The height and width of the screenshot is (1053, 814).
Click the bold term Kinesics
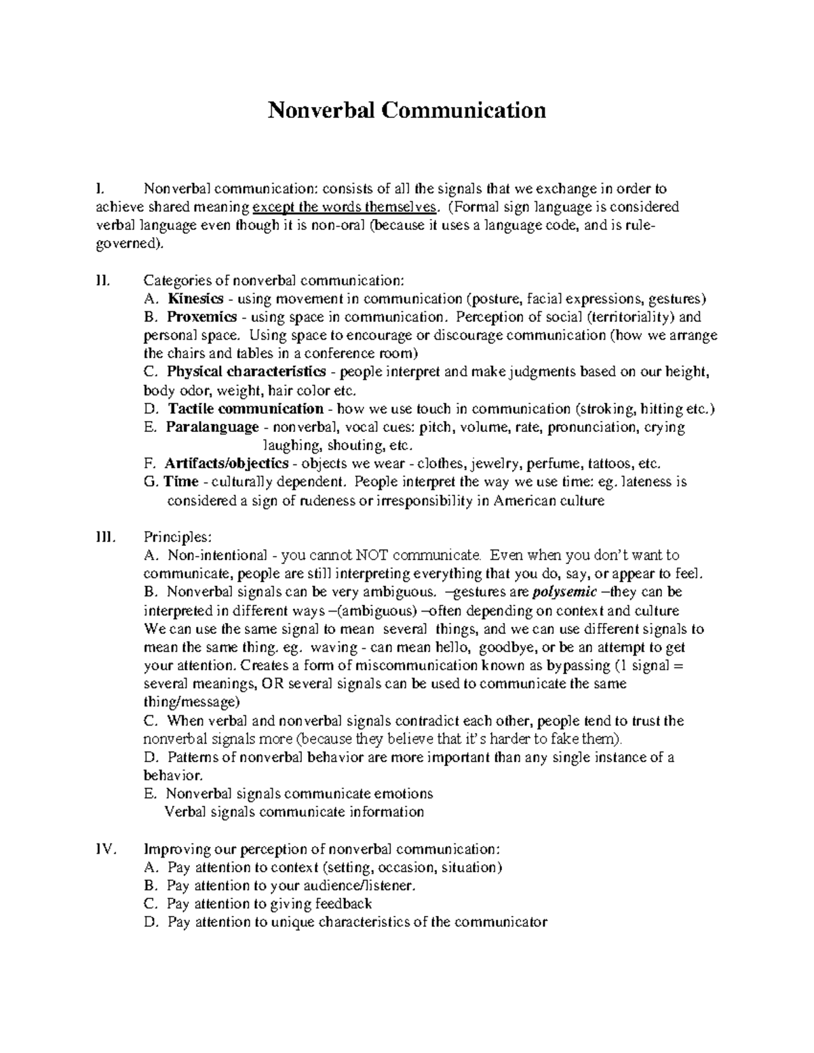[x=195, y=298]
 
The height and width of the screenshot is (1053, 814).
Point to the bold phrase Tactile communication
[x=245, y=408]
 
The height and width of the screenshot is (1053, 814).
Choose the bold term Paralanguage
[x=212, y=427]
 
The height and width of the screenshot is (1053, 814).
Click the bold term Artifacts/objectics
[x=227, y=464]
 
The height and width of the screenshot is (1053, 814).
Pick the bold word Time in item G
[x=181, y=482]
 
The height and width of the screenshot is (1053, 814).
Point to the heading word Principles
[x=178, y=537]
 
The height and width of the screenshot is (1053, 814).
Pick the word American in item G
[x=524, y=501]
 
